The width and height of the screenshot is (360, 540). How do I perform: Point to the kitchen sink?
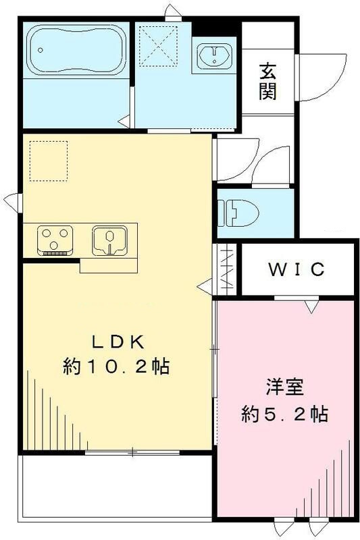pos(108,240)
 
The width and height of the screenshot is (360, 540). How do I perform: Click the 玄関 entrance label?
pos(267,81)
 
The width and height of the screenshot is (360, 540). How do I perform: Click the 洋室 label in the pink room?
pos(284,388)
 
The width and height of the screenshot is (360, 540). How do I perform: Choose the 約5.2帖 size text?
pos(284,413)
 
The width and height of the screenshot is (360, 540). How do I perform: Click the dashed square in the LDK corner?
pos(49,160)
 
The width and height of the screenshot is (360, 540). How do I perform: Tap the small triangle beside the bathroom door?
pos(125,122)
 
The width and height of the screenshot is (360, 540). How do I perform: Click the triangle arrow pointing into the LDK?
pos(203,287)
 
